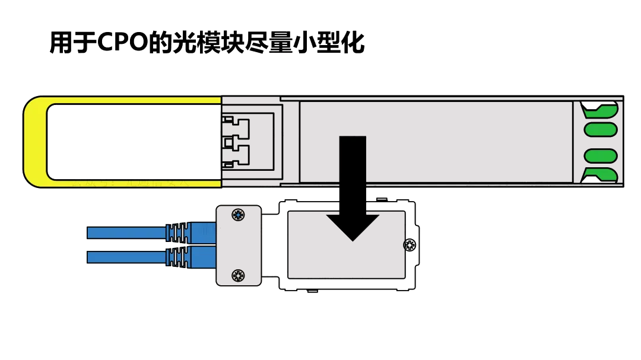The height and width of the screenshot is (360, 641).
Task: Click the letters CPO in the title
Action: [122, 43]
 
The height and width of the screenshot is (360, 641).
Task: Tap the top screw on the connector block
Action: [238, 215]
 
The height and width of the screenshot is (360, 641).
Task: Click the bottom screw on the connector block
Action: [238, 275]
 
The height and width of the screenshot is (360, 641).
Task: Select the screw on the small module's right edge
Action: [410, 244]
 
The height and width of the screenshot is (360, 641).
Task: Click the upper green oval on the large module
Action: [601, 129]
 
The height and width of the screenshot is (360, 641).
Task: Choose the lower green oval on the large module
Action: [601, 155]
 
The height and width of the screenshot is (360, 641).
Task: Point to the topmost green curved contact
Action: [599, 110]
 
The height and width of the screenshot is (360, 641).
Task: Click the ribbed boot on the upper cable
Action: [179, 232]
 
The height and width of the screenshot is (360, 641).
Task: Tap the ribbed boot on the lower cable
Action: [179, 257]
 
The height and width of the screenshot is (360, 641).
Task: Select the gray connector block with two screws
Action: [238, 244]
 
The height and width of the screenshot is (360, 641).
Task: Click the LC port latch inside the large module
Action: [236, 142]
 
